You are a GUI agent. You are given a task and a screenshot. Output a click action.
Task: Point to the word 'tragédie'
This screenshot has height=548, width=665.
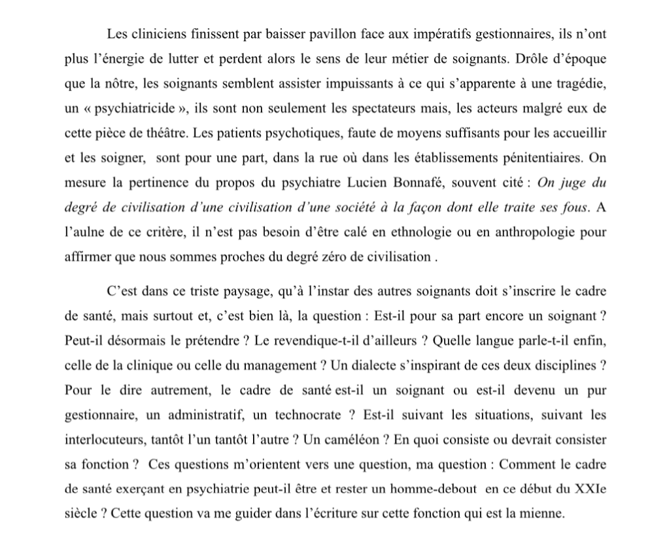click(x=576, y=83)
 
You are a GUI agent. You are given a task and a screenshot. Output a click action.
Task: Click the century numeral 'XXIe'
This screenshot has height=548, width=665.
click(x=590, y=490)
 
